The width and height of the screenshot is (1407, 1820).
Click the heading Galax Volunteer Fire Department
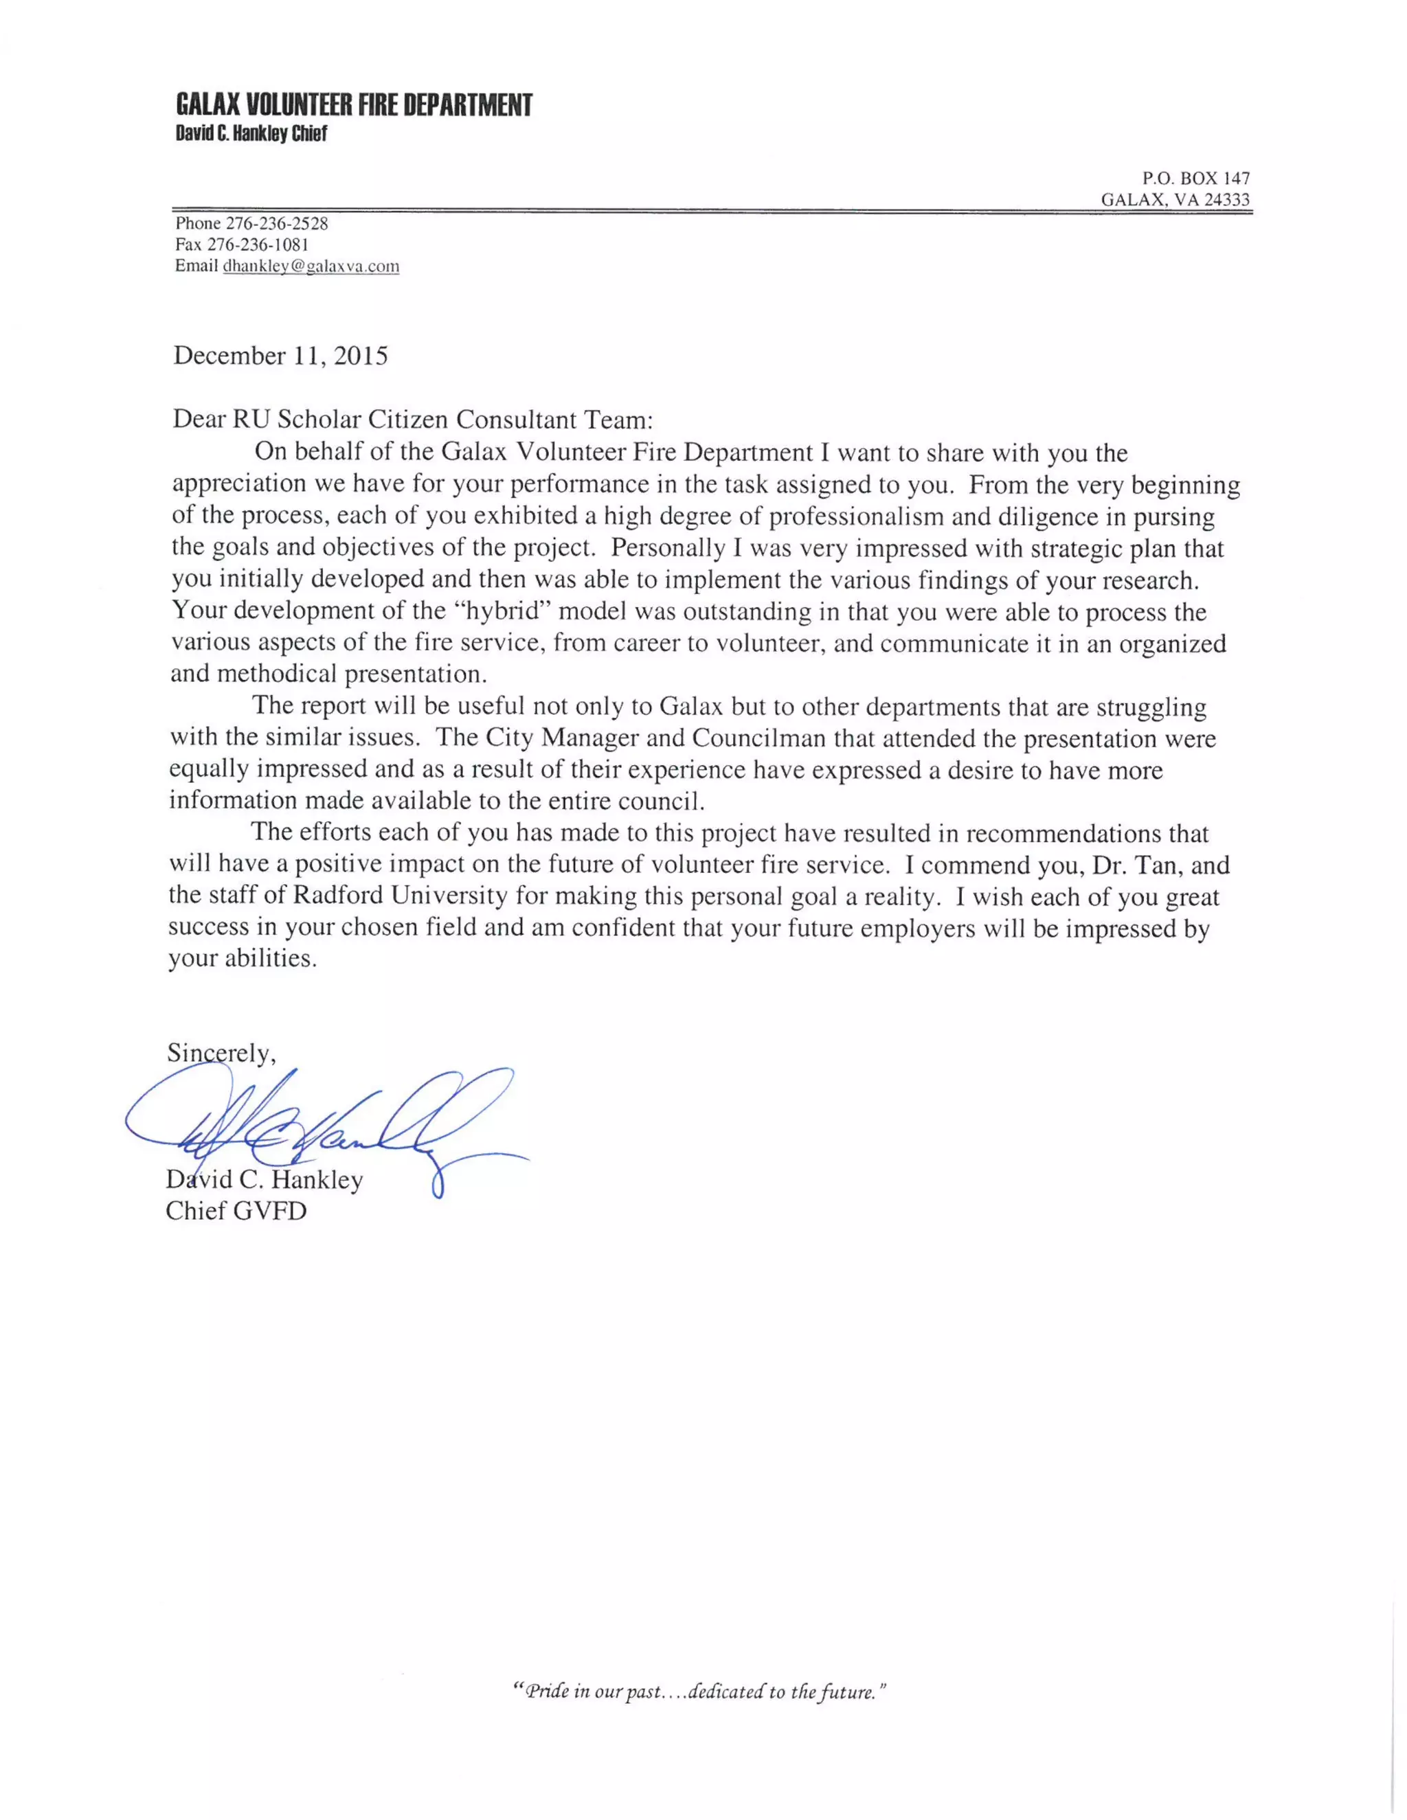coord(353,106)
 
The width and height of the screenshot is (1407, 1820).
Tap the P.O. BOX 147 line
coord(1195,179)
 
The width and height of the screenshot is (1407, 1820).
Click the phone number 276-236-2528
coord(277,223)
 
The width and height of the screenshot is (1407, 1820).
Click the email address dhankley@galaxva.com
coord(311,266)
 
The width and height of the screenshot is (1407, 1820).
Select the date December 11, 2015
coord(280,356)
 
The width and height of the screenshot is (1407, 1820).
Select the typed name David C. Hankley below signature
coord(264,1180)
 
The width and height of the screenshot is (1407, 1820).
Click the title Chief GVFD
coord(236,1211)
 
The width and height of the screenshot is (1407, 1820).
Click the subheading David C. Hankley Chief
coord(251,133)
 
